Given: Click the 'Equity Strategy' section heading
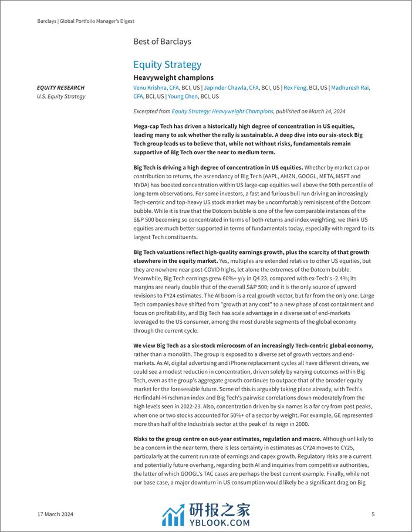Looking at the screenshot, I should tap(167, 65).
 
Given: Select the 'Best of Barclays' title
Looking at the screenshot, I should tap(162, 42).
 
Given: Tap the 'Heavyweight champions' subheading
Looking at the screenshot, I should tap(173, 77).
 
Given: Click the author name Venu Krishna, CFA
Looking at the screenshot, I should tap(156, 88).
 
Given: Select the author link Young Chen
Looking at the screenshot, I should tap(183, 96).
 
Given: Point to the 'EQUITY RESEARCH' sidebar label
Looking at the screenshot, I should tap(60, 88).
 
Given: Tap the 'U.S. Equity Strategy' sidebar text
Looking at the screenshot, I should tap(61, 96).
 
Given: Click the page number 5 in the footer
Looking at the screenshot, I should tap(373, 514).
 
